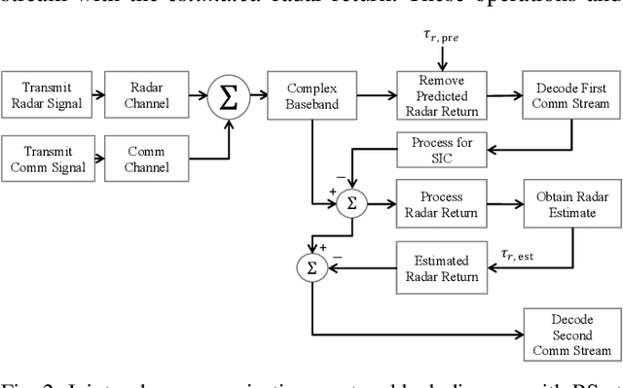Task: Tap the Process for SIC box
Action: click(436, 151)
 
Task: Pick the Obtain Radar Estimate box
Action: click(569, 204)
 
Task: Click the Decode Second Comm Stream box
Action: click(569, 333)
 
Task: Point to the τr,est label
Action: click(519, 256)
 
